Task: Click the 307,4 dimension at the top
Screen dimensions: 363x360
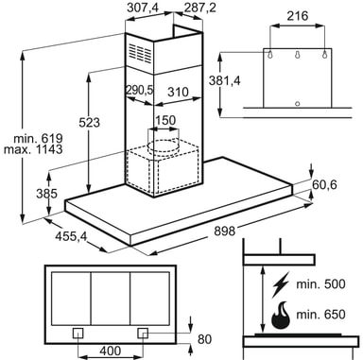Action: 143,8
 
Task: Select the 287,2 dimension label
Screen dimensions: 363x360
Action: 200,8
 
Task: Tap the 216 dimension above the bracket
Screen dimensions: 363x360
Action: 297,16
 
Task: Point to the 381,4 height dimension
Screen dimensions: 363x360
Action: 225,80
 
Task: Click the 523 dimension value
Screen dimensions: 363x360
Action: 89,122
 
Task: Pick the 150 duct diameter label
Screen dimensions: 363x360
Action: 165,120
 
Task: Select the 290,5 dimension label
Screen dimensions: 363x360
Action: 139,90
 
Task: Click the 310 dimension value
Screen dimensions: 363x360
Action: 178,93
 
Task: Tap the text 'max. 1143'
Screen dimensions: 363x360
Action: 33,149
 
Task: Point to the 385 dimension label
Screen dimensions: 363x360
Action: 46,193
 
